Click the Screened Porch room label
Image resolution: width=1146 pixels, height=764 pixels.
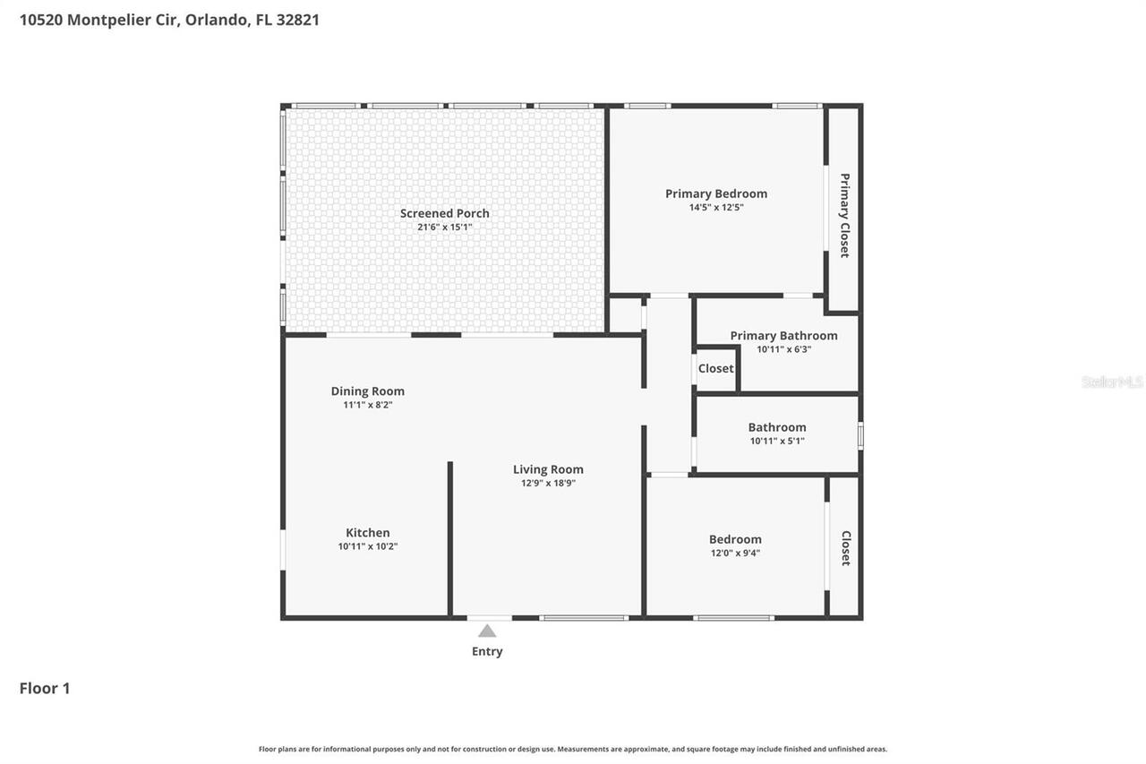coord(444,213)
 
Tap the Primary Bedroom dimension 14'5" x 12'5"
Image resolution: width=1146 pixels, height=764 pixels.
coord(715,208)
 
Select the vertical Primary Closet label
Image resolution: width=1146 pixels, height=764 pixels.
coord(844,215)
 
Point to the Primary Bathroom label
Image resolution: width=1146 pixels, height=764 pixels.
coord(783,336)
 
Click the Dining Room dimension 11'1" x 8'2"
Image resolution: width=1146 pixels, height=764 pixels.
coord(367,405)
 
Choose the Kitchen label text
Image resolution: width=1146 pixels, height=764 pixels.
coord(367,533)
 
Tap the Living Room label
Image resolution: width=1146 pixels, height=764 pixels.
coord(548,469)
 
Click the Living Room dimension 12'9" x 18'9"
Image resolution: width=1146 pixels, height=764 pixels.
coord(548,483)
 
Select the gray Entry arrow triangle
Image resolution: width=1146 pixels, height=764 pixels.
coord(487,631)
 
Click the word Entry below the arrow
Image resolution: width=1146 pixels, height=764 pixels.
coord(487,651)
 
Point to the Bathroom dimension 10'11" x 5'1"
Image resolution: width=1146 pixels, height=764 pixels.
coord(777,441)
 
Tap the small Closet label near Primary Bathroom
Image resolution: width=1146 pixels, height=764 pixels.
coord(715,368)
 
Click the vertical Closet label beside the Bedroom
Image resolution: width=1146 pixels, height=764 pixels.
coord(846,547)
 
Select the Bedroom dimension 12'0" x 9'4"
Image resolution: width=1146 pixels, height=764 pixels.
coord(735,553)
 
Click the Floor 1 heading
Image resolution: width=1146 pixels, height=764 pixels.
coord(45,688)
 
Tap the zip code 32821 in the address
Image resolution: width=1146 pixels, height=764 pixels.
coord(299,19)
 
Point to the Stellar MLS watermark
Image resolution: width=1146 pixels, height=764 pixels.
coord(1112,382)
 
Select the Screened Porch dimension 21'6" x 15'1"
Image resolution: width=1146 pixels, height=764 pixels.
coord(444,227)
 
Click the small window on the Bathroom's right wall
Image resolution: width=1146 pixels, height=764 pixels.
coord(860,435)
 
